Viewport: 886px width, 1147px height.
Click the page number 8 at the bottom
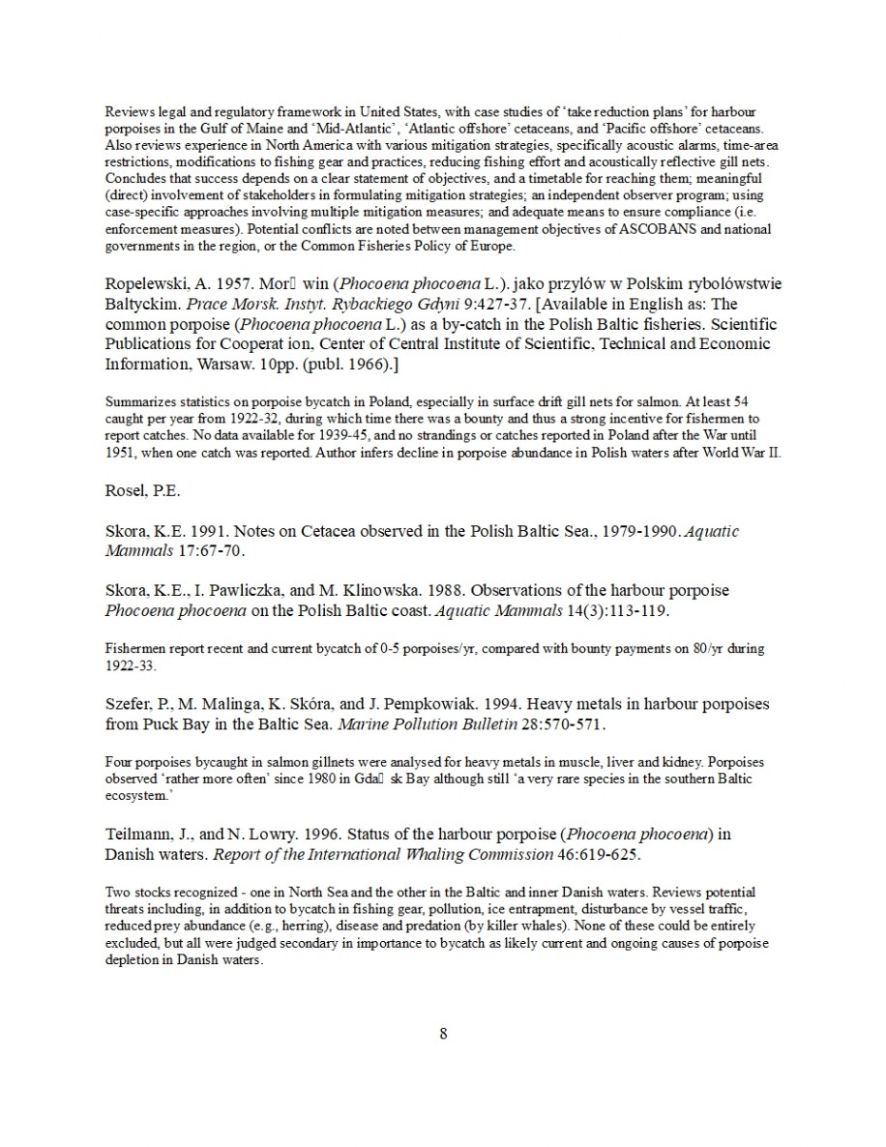pos(443,1033)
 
